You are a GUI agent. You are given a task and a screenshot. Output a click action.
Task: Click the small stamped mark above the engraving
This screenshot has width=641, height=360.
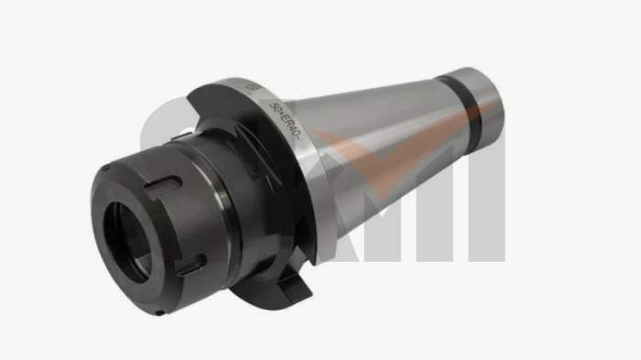click(250, 89)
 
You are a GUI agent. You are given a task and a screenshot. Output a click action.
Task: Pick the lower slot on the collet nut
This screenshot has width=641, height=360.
click(189, 267)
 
